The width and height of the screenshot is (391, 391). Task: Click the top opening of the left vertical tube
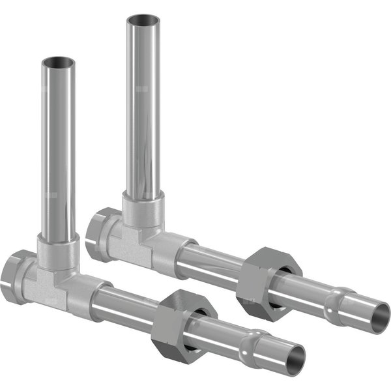click(59, 63)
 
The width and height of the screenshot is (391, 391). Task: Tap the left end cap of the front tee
click(13, 276)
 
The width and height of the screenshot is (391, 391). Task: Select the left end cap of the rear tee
click(100, 233)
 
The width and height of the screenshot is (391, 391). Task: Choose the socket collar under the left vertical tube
click(58, 251)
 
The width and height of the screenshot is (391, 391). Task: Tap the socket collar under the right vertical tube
click(143, 209)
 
